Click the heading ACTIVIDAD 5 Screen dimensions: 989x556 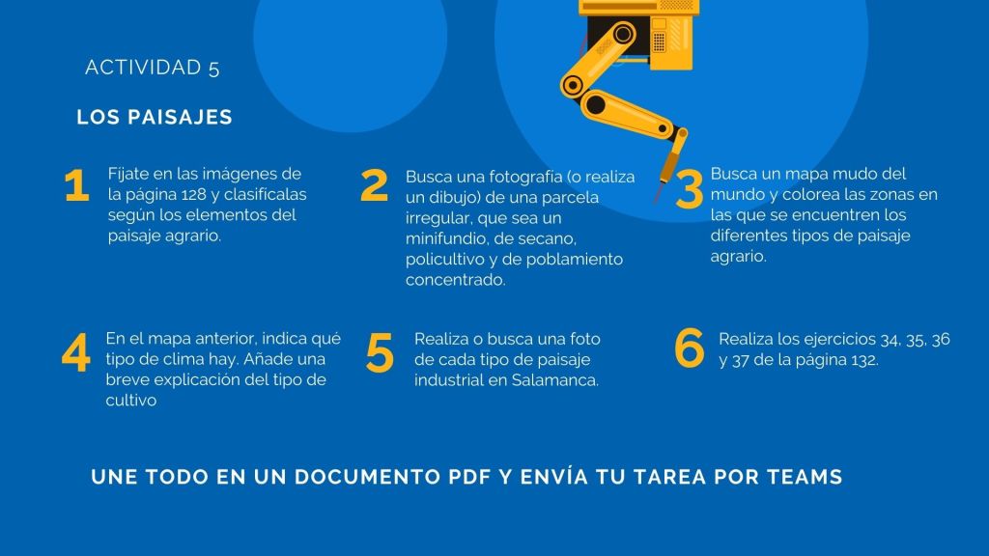(152, 68)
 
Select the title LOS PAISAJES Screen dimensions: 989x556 (155, 117)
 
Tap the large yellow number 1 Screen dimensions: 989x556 (76, 185)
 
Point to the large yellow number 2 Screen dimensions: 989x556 (374, 185)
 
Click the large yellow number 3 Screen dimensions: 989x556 (689, 190)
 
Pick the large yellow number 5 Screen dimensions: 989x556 (380, 353)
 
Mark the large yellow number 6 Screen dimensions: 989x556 (689, 347)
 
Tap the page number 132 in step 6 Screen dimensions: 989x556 (864, 360)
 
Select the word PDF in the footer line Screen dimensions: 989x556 (470, 477)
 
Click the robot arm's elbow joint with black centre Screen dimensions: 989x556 (574, 85)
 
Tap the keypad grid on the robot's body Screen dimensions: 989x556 (659, 41)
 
